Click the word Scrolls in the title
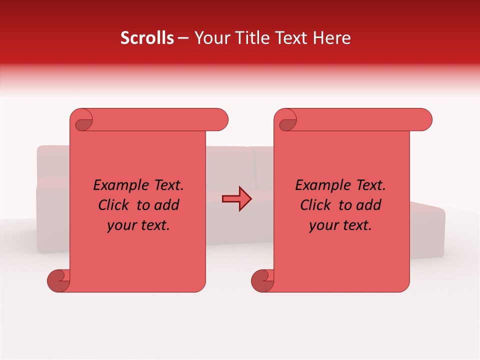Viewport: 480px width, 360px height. pos(147,38)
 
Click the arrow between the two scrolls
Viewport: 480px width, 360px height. pos(237,199)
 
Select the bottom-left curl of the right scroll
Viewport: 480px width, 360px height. pos(262,280)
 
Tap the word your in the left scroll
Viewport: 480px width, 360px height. pos(120,225)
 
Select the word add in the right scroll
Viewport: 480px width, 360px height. pos(368,205)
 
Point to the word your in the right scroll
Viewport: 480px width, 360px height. pos(322,225)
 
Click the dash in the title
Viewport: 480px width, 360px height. pos(183,38)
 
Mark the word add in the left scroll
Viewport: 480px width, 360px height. pos(166,205)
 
